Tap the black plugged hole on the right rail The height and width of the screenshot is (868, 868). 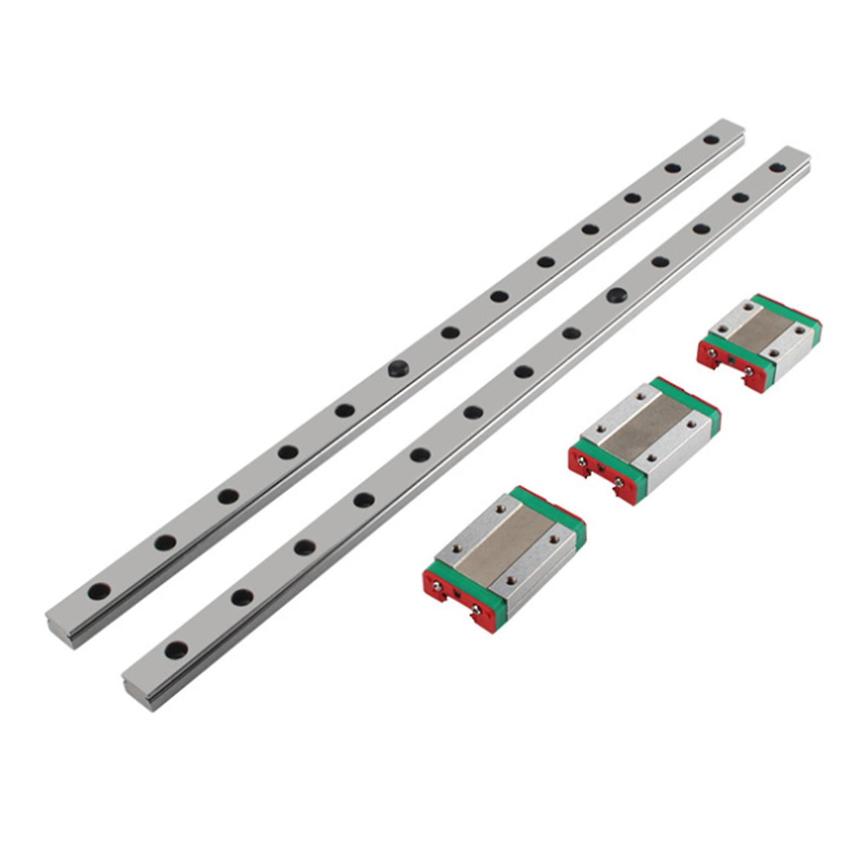pos(616,295)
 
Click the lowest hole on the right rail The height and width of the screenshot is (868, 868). pos(176,649)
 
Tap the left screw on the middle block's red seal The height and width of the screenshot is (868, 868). pos(581,461)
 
